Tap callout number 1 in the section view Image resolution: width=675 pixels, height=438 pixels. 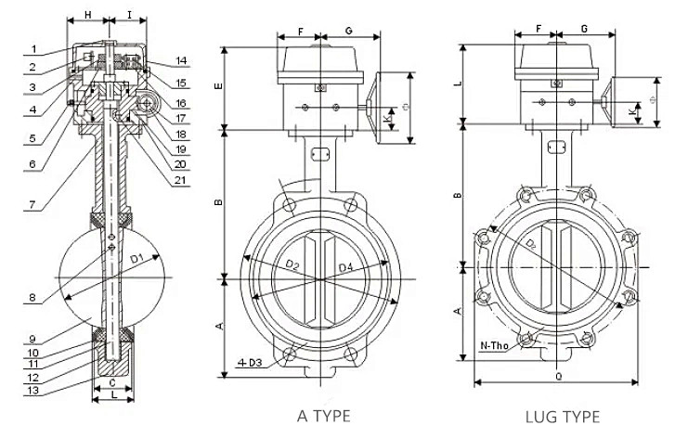tap(32, 49)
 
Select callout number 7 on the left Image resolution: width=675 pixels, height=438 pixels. tap(32, 203)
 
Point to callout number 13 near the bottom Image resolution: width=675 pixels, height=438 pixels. tap(32, 391)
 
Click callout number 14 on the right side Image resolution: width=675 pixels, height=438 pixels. tap(182, 61)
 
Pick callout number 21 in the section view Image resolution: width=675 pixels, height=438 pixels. tap(182, 179)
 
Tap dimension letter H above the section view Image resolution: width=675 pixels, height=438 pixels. tap(86, 16)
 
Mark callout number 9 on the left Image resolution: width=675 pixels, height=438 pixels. tap(32, 338)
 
